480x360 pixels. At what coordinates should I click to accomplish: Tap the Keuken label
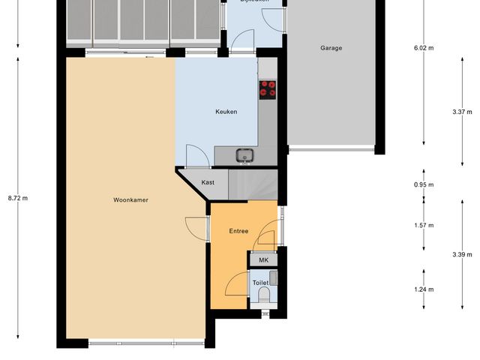tap(226, 112)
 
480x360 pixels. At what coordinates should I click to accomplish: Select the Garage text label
tap(331, 48)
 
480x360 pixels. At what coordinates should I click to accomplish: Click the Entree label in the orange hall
tap(238, 231)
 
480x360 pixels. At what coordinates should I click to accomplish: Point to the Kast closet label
tap(208, 182)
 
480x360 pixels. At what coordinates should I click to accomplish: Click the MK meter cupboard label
tap(263, 259)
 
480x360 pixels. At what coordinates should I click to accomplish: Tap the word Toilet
tap(259, 283)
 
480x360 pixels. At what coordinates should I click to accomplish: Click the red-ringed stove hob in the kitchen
tap(267, 89)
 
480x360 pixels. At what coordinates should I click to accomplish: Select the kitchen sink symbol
tap(244, 156)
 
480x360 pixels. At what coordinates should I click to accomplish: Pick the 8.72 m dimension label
tap(17, 198)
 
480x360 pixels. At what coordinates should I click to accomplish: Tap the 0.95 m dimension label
tap(424, 184)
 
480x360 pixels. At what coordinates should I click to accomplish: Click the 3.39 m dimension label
tap(463, 255)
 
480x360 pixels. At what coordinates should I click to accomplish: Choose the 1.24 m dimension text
tap(424, 289)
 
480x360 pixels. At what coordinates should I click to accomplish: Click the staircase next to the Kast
tap(253, 184)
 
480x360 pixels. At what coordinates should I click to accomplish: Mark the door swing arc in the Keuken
tap(197, 153)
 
